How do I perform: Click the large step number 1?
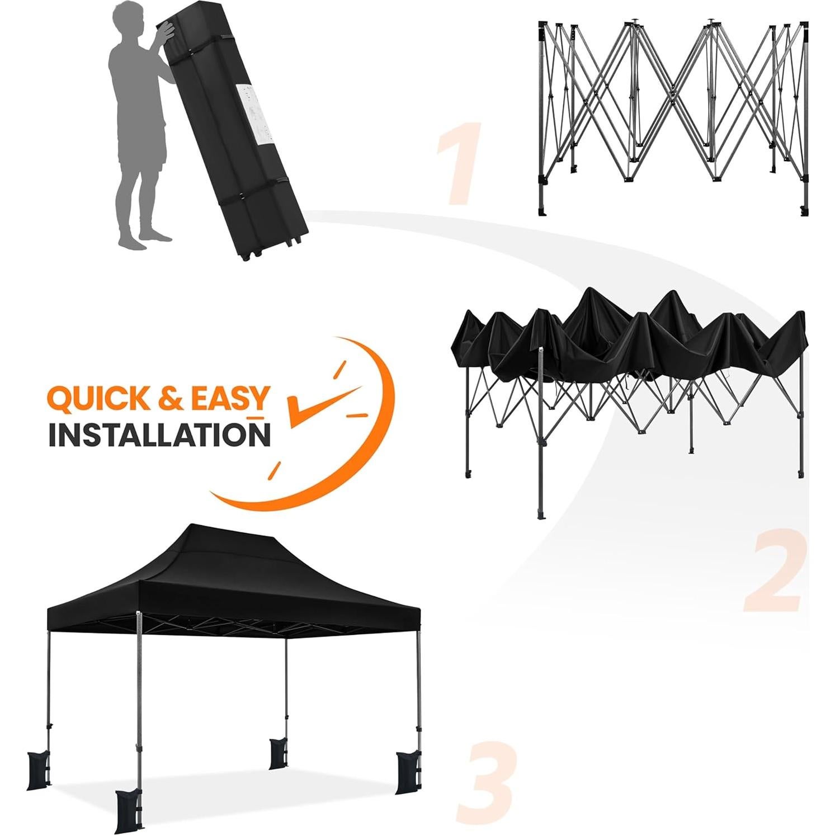coord(458,163)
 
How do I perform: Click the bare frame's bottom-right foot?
coord(804,211)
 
